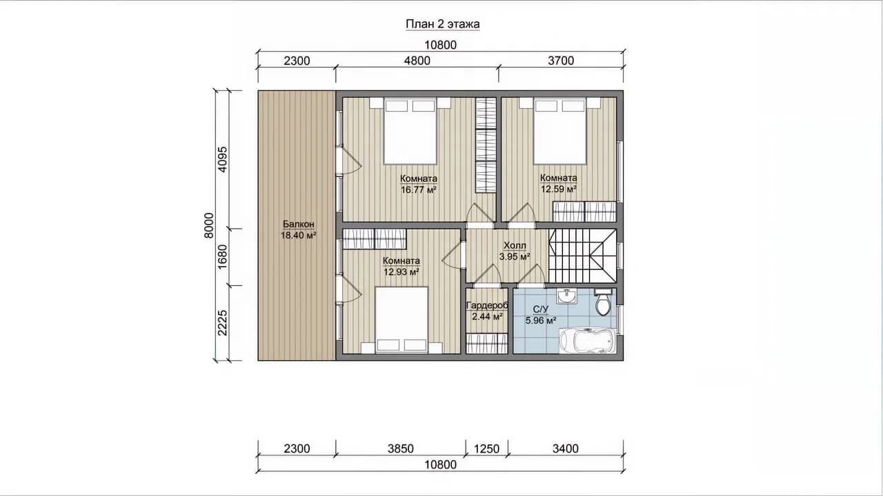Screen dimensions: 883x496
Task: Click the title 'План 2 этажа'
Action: click(x=443, y=24)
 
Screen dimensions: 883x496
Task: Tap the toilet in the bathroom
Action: click(x=603, y=302)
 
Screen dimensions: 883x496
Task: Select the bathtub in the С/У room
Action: click(x=586, y=341)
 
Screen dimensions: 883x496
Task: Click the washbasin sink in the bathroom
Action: click(x=567, y=296)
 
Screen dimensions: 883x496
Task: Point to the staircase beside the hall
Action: click(x=583, y=256)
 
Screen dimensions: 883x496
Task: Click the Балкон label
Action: click(x=299, y=224)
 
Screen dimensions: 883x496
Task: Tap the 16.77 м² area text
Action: click(x=418, y=190)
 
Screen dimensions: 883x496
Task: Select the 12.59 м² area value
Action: click(x=559, y=189)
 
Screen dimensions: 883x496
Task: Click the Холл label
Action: click(x=515, y=246)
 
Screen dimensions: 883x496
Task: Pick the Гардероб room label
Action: click(x=487, y=305)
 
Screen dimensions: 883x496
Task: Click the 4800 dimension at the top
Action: click(x=417, y=61)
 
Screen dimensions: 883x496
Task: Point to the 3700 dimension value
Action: click(x=561, y=61)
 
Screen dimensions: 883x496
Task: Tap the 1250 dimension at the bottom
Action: click(x=487, y=448)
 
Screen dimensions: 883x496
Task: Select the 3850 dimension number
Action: click(x=401, y=448)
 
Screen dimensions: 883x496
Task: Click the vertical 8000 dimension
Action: click(x=209, y=225)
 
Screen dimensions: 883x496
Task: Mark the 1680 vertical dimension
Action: click(x=222, y=257)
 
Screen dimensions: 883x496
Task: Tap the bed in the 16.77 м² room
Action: click(x=410, y=131)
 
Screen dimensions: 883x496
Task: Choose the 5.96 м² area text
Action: click(x=541, y=320)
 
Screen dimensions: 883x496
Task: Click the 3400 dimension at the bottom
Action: click(x=566, y=448)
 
